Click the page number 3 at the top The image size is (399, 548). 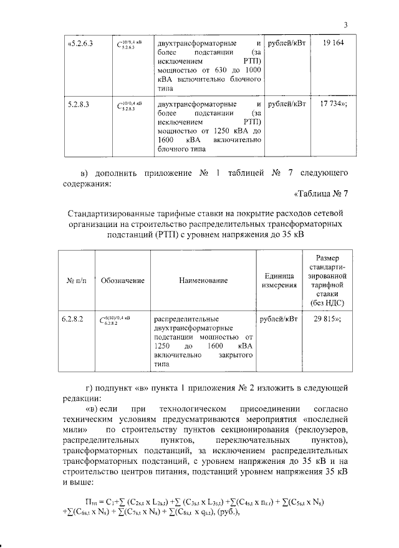click(x=344, y=24)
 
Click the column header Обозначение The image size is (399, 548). click(x=122, y=281)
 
